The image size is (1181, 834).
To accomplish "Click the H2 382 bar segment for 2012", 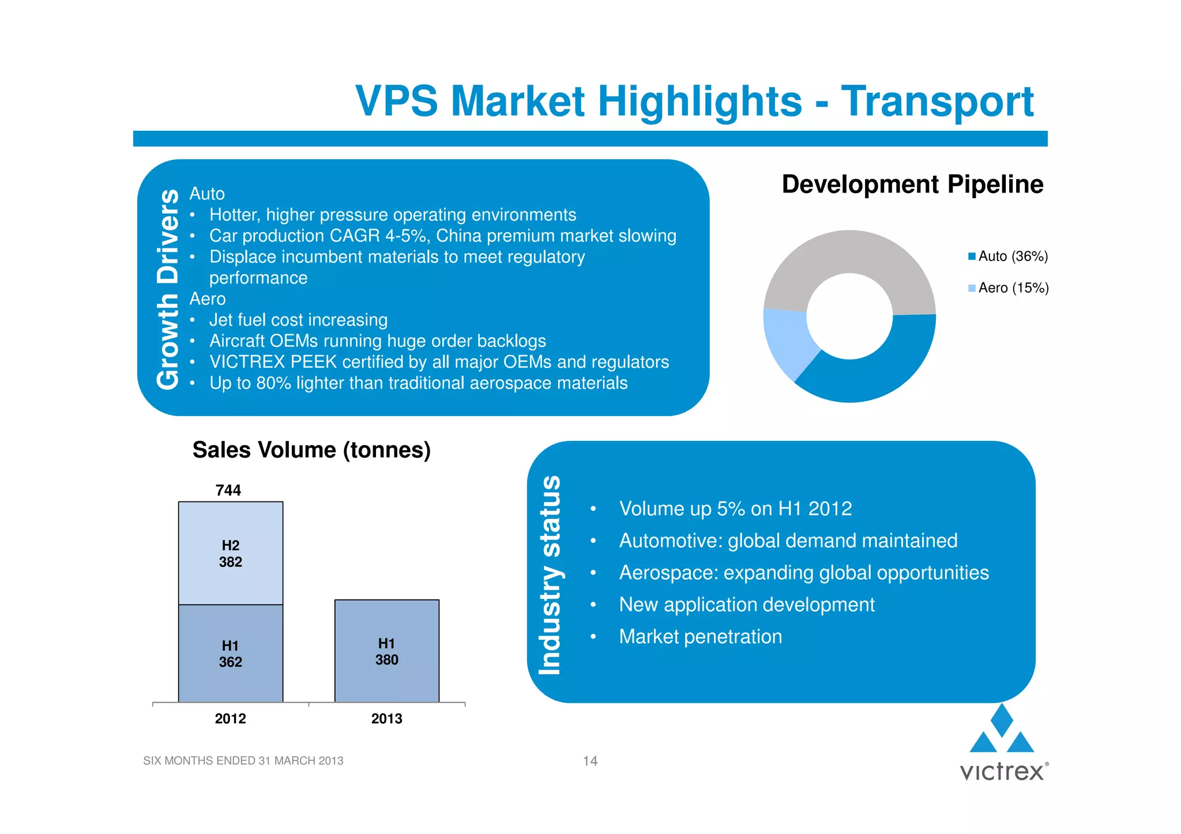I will (x=231, y=553).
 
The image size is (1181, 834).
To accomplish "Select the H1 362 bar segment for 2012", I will (x=231, y=654).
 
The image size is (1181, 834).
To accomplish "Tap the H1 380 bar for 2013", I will (x=387, y=651).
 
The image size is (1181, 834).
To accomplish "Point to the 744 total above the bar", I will (x=228, y=490).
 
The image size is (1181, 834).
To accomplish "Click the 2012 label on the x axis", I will (x=230, y=719).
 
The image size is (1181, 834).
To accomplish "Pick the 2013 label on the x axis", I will (x=386, y=719).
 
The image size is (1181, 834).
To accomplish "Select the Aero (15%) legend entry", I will (x=1009, y=288).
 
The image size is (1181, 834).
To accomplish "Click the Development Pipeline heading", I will (x=912, y=184).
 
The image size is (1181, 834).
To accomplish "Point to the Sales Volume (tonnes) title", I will (x=311, y=450).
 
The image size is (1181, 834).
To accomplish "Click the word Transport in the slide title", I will (x=937, y=101).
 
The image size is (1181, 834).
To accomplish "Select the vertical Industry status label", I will (x=549, y=575).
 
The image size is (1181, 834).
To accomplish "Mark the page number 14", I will (x=590, y=761).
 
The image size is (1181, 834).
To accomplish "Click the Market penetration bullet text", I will (x=700, y=637).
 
